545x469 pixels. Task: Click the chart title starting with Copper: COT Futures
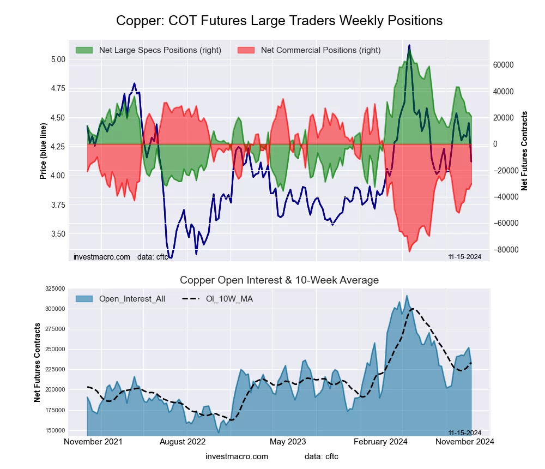point(279,21)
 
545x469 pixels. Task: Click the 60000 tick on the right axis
point(504,65)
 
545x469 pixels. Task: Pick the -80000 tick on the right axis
point(502,250)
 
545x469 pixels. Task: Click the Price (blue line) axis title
point(43,151)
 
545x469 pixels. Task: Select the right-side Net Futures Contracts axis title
point(525,151)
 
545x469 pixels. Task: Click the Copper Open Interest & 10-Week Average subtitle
point(279,280)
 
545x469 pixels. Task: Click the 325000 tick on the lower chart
point(55,289)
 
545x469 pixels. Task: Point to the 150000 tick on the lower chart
point(55,430)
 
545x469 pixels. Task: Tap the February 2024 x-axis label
point(381,442)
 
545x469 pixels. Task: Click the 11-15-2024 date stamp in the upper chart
point(464,257)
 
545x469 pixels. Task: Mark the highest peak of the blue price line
point(409,46)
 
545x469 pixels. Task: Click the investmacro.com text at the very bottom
point(237,456)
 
